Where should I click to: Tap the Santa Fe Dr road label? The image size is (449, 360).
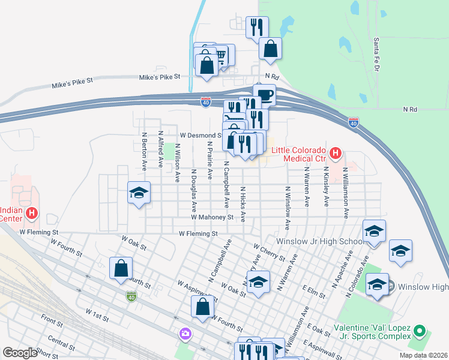tap(377, 54)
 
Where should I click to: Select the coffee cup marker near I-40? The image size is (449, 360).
tap(264, 94)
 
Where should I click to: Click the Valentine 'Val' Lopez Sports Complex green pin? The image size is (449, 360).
tap(420, 331)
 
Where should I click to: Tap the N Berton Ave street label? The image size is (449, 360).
tap(144, 149)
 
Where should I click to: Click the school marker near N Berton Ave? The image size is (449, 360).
tap(139, 193)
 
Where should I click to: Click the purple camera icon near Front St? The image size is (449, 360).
tap(185, 333)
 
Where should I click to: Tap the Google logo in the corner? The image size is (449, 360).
tap(20, 353)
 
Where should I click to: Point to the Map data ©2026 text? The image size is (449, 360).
tap(423, 355)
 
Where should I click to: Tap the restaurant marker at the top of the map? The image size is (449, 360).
tap(257, 27)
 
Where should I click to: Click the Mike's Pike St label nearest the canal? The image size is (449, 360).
tap(160, 77)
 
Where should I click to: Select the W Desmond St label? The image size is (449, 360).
tap(201, 135)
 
